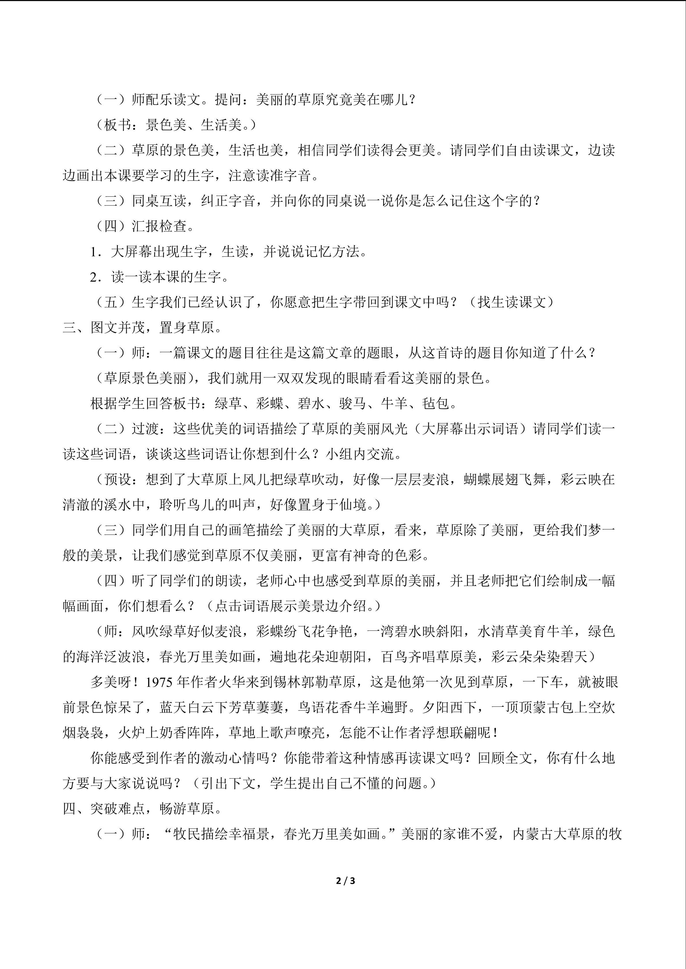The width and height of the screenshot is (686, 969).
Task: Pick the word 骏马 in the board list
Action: [353, 404]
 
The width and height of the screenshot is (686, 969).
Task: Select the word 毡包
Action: [436, 404]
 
